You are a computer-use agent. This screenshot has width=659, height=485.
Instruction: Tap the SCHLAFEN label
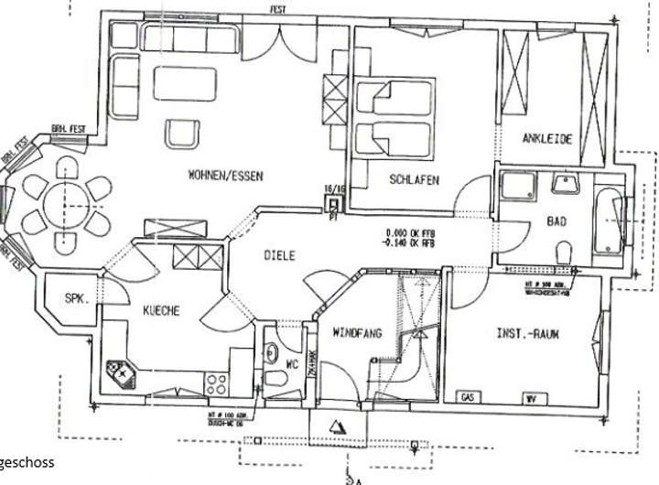click(x=414, y=180)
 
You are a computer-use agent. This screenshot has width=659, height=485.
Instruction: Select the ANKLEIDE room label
click(x=547, y=140)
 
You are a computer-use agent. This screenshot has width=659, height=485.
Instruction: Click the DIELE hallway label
click(x=279, y=256)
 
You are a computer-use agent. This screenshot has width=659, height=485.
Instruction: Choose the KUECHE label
click(x=160, y=310)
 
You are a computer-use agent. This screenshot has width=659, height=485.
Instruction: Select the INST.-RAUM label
click(x=527, y=335)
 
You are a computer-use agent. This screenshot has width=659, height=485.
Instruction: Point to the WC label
click(x=293, y=364)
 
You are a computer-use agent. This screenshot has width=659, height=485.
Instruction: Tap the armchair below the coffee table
click(x=180, y=133)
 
